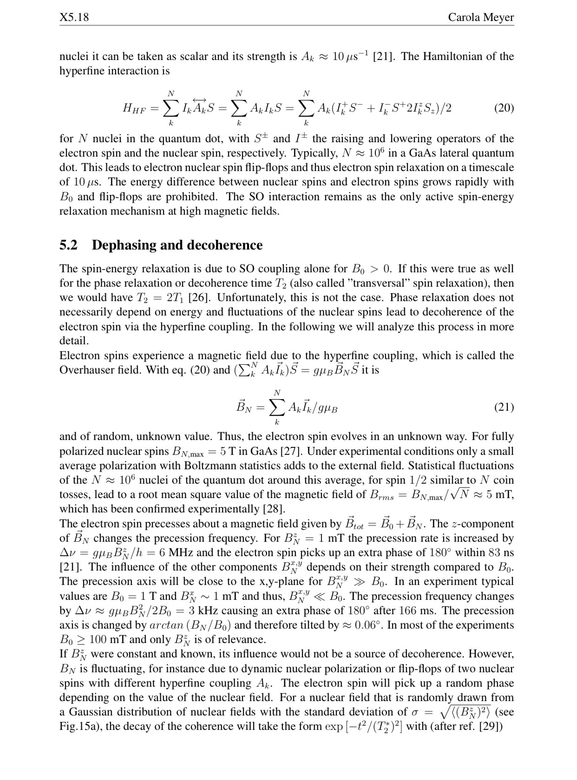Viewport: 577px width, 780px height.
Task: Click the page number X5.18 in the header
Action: (x=74, y=18)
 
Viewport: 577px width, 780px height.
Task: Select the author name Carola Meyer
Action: (x=481, y=18)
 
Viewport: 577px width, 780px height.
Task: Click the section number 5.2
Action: (x=68, y=245)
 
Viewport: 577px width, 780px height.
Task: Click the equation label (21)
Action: (x=504, y=407)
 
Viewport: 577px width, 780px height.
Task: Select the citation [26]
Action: (x=198, y=297)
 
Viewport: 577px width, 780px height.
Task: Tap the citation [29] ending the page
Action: (x=492, y=726)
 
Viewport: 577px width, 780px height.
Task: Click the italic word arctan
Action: (x=167, y=625)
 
